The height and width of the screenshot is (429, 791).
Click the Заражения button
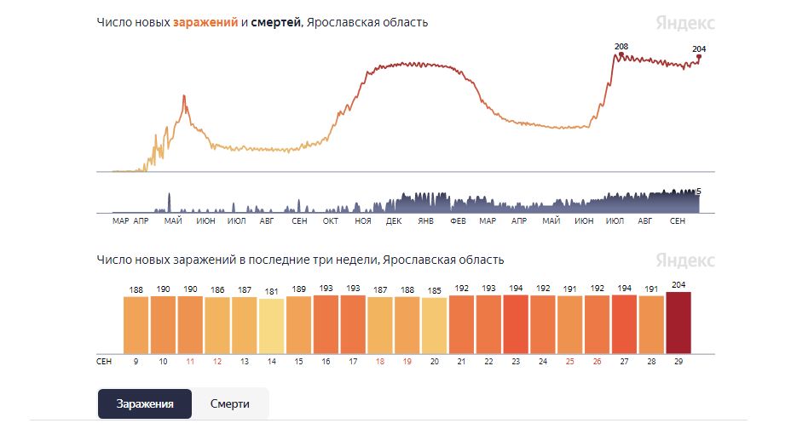click(x=144, y=403)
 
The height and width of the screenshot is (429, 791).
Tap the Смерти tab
click(x=230, y=403)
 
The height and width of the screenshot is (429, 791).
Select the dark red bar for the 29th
click(x=678, y=323)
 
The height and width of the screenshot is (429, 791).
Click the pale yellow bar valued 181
click(x=271, y=326)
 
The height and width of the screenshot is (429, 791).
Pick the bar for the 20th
click(x=434, y=325)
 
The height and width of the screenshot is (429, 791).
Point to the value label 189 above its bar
click(x=298, y=289)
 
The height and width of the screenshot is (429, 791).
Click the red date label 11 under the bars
click(x=190, y=361)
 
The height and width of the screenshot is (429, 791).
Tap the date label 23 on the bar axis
click(x=516, y=361)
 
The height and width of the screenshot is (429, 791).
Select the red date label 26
click(x=597, y=361)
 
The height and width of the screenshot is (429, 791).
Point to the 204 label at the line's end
click(x=699, y=49)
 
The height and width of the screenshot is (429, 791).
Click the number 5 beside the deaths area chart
click(x=698, y=192)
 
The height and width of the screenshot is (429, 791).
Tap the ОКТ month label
click(x=330, y=221)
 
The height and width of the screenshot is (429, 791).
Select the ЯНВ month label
click(x=425, y=221)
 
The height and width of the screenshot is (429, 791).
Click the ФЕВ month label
click(x=457, y=221)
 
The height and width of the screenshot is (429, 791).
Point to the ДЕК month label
click(x=394, y=221)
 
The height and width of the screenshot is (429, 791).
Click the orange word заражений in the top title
click(x=205, y=22)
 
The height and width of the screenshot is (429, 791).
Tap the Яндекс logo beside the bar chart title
click(x=684, y=260)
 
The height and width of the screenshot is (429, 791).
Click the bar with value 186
click(x=217, y=324)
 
